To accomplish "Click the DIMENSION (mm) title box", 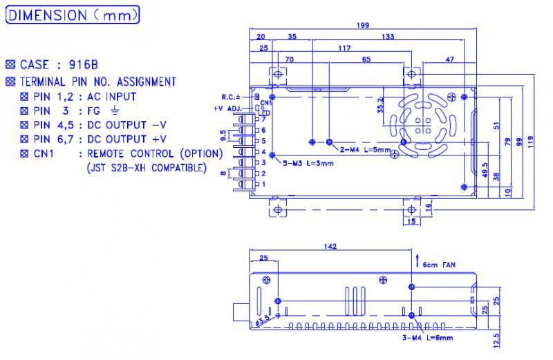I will (73, 15).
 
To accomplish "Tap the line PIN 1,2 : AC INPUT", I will (85, 97).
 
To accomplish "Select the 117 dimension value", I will (344, 48).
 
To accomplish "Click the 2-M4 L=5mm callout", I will (366, 149).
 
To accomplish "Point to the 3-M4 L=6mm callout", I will (429, 338).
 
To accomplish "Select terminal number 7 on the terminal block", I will (263, 120).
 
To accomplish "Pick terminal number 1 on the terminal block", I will (263, 184).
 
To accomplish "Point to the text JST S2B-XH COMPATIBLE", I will (147, 168).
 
